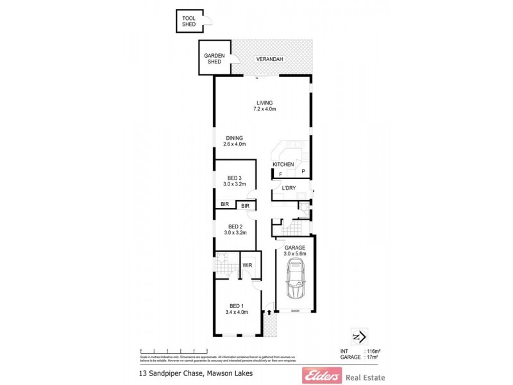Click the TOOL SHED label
tap(189, 21)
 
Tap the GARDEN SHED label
tap(213, 58)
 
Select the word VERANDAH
tap(269, 60)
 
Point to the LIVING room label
tap(264, 103)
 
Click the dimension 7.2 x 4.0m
tap(264, 109)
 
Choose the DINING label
tap(234, 137)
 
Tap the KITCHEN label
tap(283, 165)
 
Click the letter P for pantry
tap(304, 171)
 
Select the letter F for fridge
tap(280, 174)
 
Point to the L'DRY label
tap(289, 188)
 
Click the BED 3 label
tap(235, 178)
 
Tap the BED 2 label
tap(235, 227)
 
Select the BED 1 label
tap(236, 305)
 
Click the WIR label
tap(246, 264)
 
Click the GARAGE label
tap(295, 248)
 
